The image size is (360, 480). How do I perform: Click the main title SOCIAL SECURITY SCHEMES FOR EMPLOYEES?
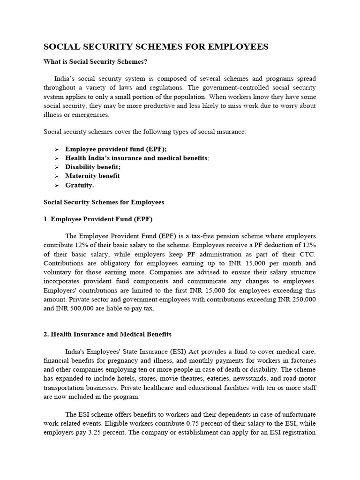[x=156, y=46]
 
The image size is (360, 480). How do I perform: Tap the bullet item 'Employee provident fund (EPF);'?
[x=116, y=149]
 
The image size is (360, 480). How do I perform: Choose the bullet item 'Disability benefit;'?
[x=93, y=167]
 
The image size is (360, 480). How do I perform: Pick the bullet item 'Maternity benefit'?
[x=92, y=176]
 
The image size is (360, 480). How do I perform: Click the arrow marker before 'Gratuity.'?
[x=56, y=185]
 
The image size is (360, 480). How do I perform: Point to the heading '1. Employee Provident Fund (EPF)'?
[x=97, y=219]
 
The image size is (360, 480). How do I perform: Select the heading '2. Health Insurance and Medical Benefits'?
[x=107, y=334]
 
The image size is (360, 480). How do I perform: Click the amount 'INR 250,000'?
[x=297, y=299]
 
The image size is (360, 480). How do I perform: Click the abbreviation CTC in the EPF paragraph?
[x=309, y=254]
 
